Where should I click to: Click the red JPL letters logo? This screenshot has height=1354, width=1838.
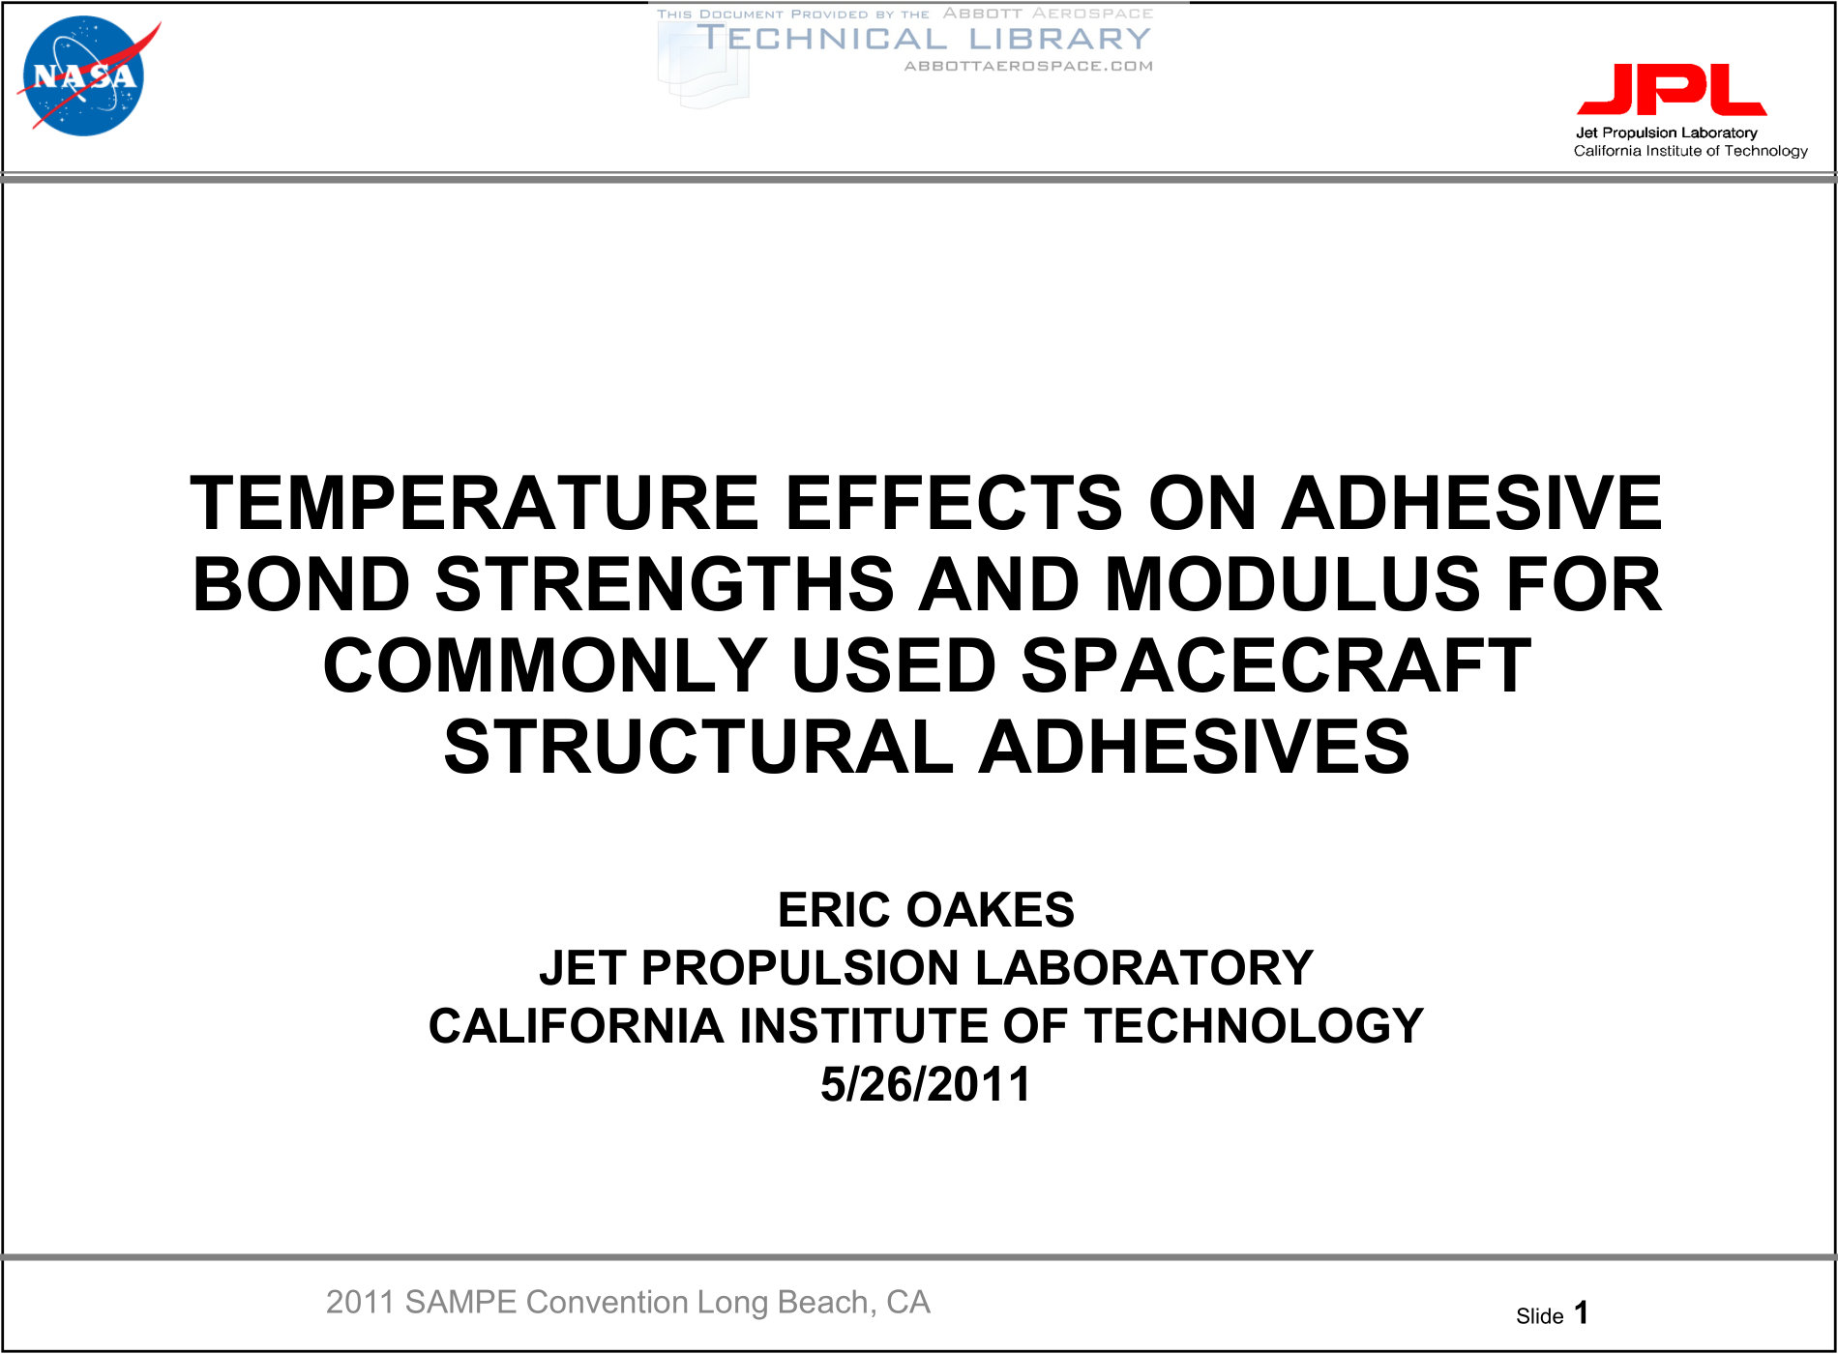point(1672,90)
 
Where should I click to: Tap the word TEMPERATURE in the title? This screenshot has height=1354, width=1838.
point(474,503)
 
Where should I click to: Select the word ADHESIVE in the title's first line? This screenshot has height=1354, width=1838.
point(1471,503)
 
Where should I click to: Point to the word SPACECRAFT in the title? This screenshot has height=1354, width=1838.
point(1276,665)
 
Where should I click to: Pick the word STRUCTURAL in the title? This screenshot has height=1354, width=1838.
point(698,747)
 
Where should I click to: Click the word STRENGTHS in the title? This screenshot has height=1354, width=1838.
point(665,584)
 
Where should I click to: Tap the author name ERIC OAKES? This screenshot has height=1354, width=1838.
point(926,909)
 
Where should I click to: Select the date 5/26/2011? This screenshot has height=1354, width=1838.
point(926,1084)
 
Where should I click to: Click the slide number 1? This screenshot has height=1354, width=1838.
point(1582,1312)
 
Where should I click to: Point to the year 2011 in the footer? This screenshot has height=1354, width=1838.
point(360,1303)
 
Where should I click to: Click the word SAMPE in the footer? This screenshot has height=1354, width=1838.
point(460,1303)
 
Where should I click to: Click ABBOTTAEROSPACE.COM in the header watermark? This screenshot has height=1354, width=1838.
point(1028,66)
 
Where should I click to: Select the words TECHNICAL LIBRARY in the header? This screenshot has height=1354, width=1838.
point(924,39)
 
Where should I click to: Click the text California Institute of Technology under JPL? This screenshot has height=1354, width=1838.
point(1690,151)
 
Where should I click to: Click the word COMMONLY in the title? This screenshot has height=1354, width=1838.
point(545,665)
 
